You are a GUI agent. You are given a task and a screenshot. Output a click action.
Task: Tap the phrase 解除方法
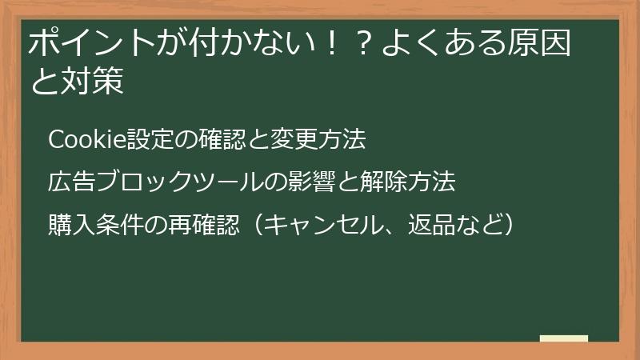[408, 182]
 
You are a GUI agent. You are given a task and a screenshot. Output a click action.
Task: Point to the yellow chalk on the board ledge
[564, 338]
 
